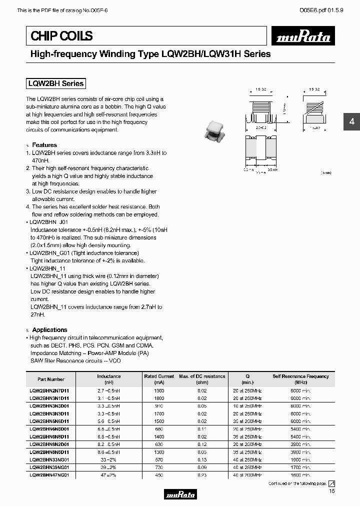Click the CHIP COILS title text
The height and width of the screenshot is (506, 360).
(62, 36)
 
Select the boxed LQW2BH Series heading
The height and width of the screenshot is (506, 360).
(55, 83)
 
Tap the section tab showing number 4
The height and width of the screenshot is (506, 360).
(351, 122)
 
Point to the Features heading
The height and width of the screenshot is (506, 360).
(44, 145)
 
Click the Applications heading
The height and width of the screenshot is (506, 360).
(49, 330)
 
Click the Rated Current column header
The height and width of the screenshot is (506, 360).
(159, 379)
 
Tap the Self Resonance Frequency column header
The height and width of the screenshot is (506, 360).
(300, 379)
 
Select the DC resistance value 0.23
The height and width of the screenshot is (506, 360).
(201, 475)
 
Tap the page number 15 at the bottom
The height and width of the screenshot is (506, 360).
(331, 492)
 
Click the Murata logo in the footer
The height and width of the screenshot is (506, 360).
(179, 494)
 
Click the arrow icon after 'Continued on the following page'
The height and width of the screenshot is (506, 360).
(331, 483)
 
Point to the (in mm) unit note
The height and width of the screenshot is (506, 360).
(325, 173)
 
